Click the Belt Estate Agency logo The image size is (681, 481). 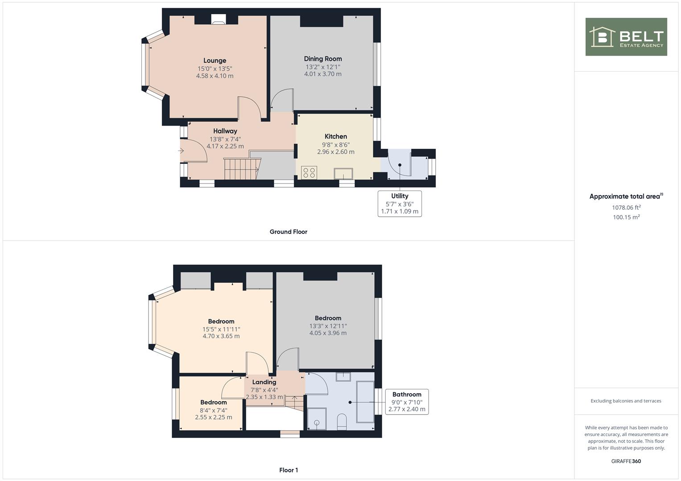(x=626, y=37)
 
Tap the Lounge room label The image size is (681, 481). (x=215, y=61)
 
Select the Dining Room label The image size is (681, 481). (x=323, y=59)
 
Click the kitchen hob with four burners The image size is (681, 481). (x=309, y=172)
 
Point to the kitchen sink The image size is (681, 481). (x=343, y=174)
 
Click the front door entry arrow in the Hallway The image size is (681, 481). (x=181, y=151)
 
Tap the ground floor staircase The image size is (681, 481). (x=242, y=168)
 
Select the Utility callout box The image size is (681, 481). (x=400, y=204)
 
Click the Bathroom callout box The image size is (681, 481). (x=407, y=402)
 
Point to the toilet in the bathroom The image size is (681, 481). (x=342, y=421)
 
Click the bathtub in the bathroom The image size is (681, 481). (x=365, y=402)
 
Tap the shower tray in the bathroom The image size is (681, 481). (x=317, y=419)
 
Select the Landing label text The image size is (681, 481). (x=264, y=382)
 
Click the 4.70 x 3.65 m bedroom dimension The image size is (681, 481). (x=221, y=336)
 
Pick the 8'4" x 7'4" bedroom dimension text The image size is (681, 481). (x=214, y=410)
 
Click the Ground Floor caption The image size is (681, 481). (x=289, y=232)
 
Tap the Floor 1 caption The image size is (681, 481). (x=289, y=470)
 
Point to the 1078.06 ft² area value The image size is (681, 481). (x=626, y=208)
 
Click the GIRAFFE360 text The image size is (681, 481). (x=626, y=461)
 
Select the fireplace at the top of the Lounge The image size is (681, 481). (x=219, y=19)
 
